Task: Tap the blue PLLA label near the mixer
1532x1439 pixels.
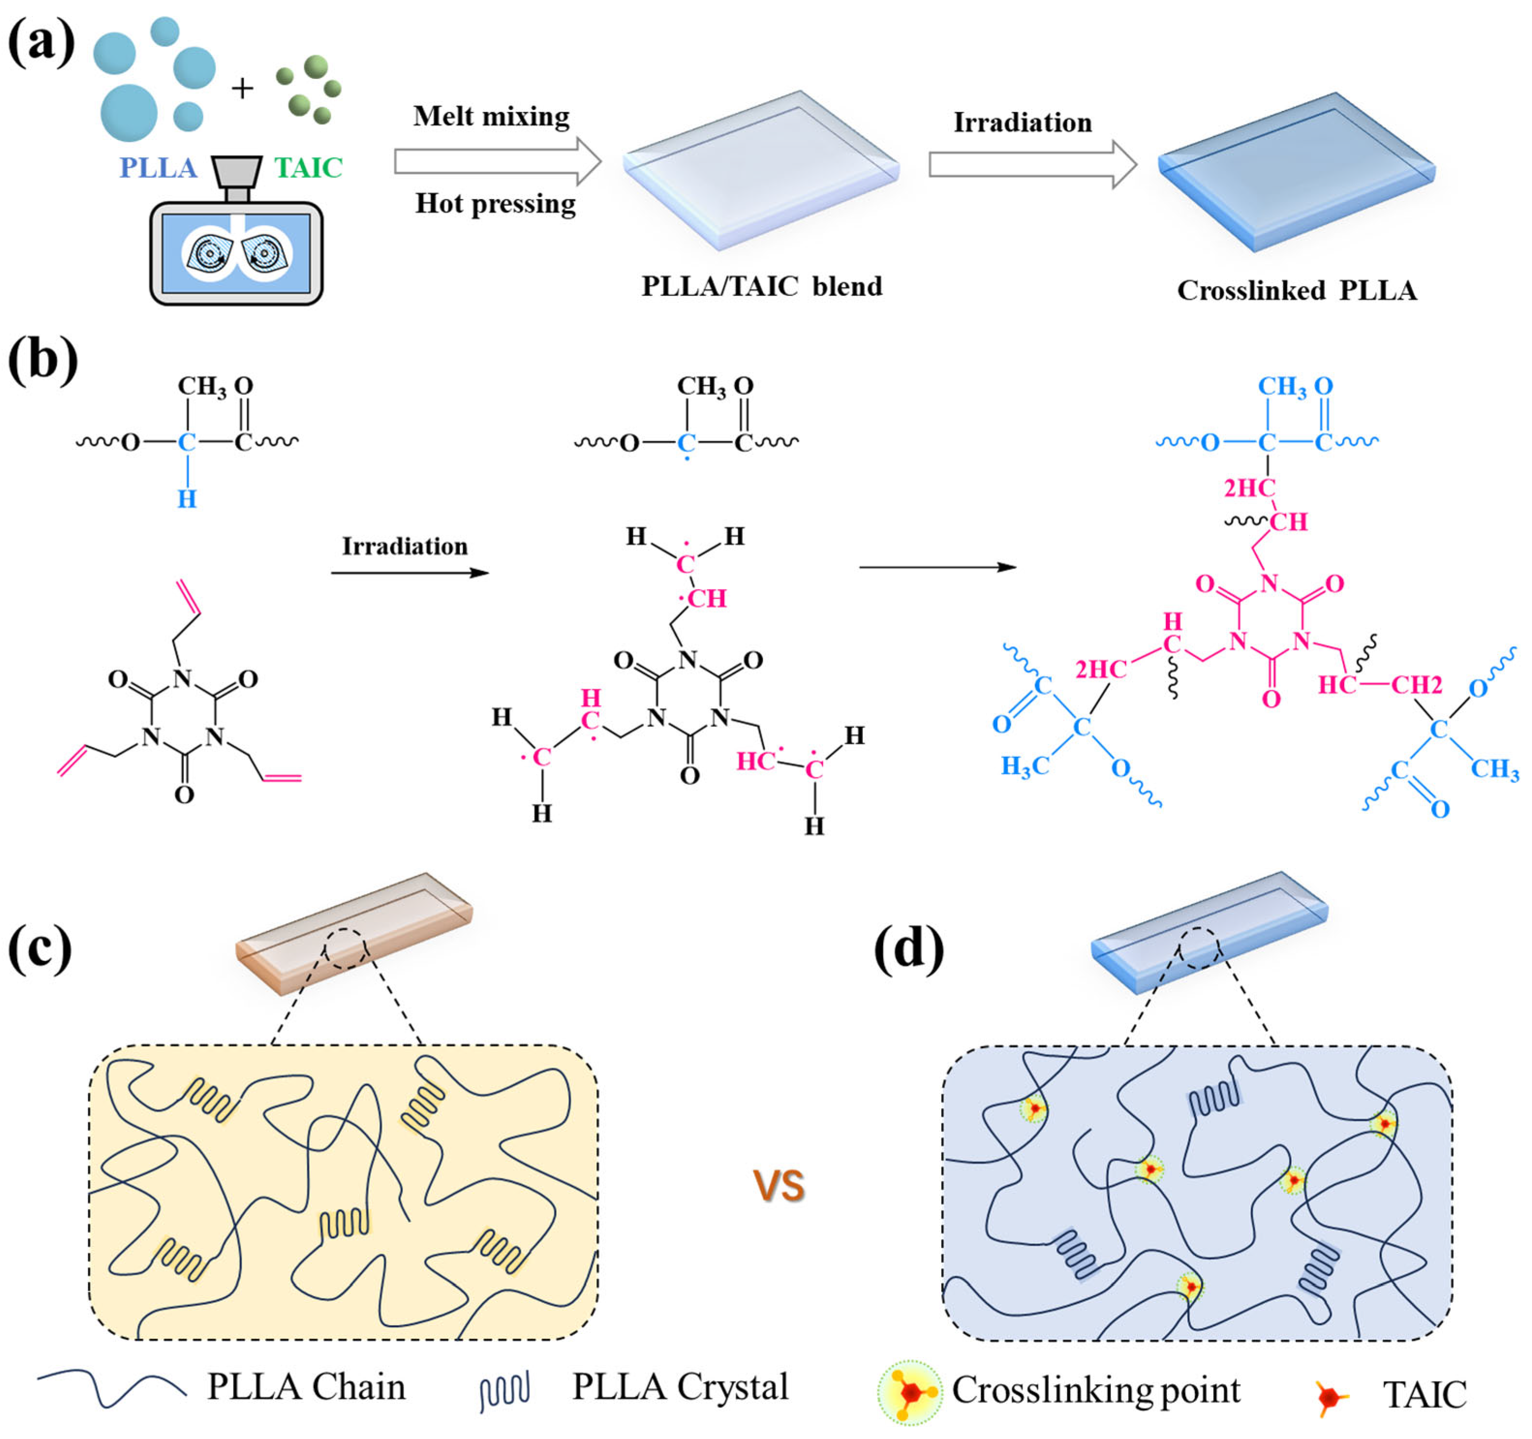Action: pos(158,168)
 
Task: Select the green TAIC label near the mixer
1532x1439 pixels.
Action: pos(308,168)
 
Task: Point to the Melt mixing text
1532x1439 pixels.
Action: pos(491,116)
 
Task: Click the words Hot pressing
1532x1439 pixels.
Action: pos(495,203)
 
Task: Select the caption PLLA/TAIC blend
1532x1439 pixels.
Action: pos(761,287)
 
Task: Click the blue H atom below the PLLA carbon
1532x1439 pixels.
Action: pos(187,499)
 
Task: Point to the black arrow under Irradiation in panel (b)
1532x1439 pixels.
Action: pos(410,573)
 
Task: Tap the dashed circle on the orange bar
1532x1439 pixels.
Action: pos(347,947)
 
